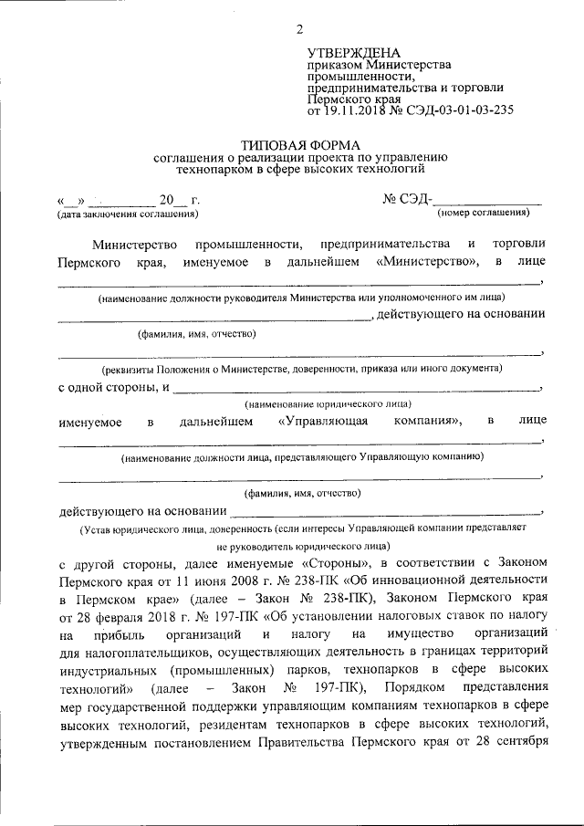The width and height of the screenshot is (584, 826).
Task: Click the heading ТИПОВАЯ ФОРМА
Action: click(x=300, y=144)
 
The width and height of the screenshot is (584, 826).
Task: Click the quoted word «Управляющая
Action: click(x=321, y=421)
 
